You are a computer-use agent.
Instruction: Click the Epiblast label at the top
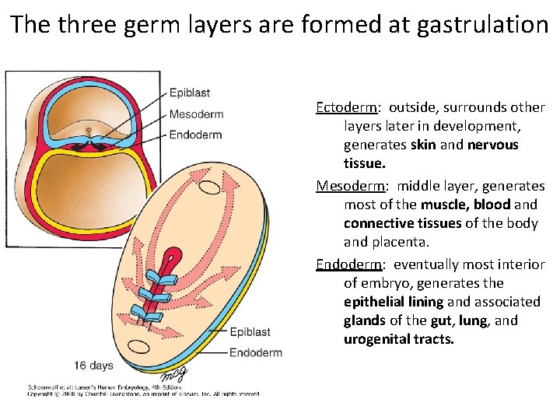pos(190,93)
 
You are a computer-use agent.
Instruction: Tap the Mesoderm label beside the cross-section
pos(196,114)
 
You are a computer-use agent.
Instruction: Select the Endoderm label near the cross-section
pos(195,135)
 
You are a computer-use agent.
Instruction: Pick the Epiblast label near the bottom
pos(250,332)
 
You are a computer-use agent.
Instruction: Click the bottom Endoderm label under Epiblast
pos(256,352)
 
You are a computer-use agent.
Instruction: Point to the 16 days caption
pos(94,365)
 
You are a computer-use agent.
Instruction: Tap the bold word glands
pos(364,320)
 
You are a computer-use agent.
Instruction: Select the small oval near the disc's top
pos(210,187)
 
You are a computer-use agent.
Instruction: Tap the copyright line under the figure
pos(144,394)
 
